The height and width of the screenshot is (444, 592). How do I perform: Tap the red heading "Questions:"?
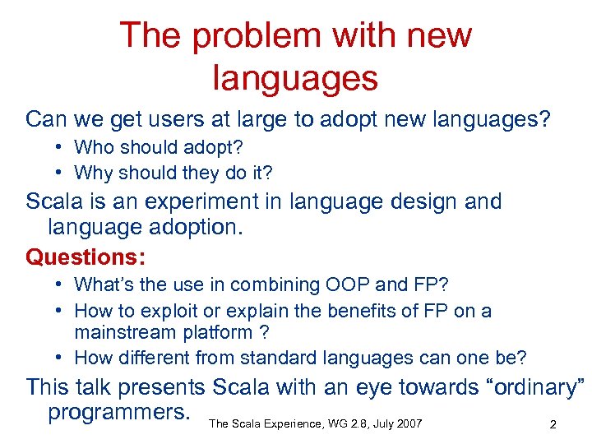86,257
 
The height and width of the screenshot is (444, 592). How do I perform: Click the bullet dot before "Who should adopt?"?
62,148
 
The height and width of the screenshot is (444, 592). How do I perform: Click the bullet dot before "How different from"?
62,358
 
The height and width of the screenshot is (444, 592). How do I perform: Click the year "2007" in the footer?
408,423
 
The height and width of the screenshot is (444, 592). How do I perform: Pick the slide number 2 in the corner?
553,424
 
